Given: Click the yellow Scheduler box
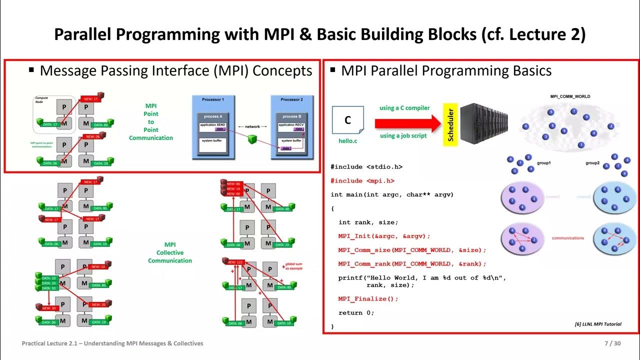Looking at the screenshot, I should [450, 125].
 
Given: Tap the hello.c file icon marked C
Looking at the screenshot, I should [348, 121].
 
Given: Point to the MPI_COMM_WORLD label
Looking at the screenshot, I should [570, 96].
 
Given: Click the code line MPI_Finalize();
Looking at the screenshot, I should [368, 298].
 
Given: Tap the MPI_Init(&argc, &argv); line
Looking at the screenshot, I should [384, 236].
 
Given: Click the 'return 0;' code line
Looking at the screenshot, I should [356, 312].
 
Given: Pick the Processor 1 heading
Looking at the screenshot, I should [213, 99].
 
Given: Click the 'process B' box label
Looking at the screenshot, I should [291, 116].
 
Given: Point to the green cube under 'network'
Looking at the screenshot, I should [252, 140].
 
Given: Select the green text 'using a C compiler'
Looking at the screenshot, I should [404, 108].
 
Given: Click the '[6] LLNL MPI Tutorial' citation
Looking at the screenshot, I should [598, 324].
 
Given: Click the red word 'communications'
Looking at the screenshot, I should [567, 238].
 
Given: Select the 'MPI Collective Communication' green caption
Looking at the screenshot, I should [170, 252].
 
